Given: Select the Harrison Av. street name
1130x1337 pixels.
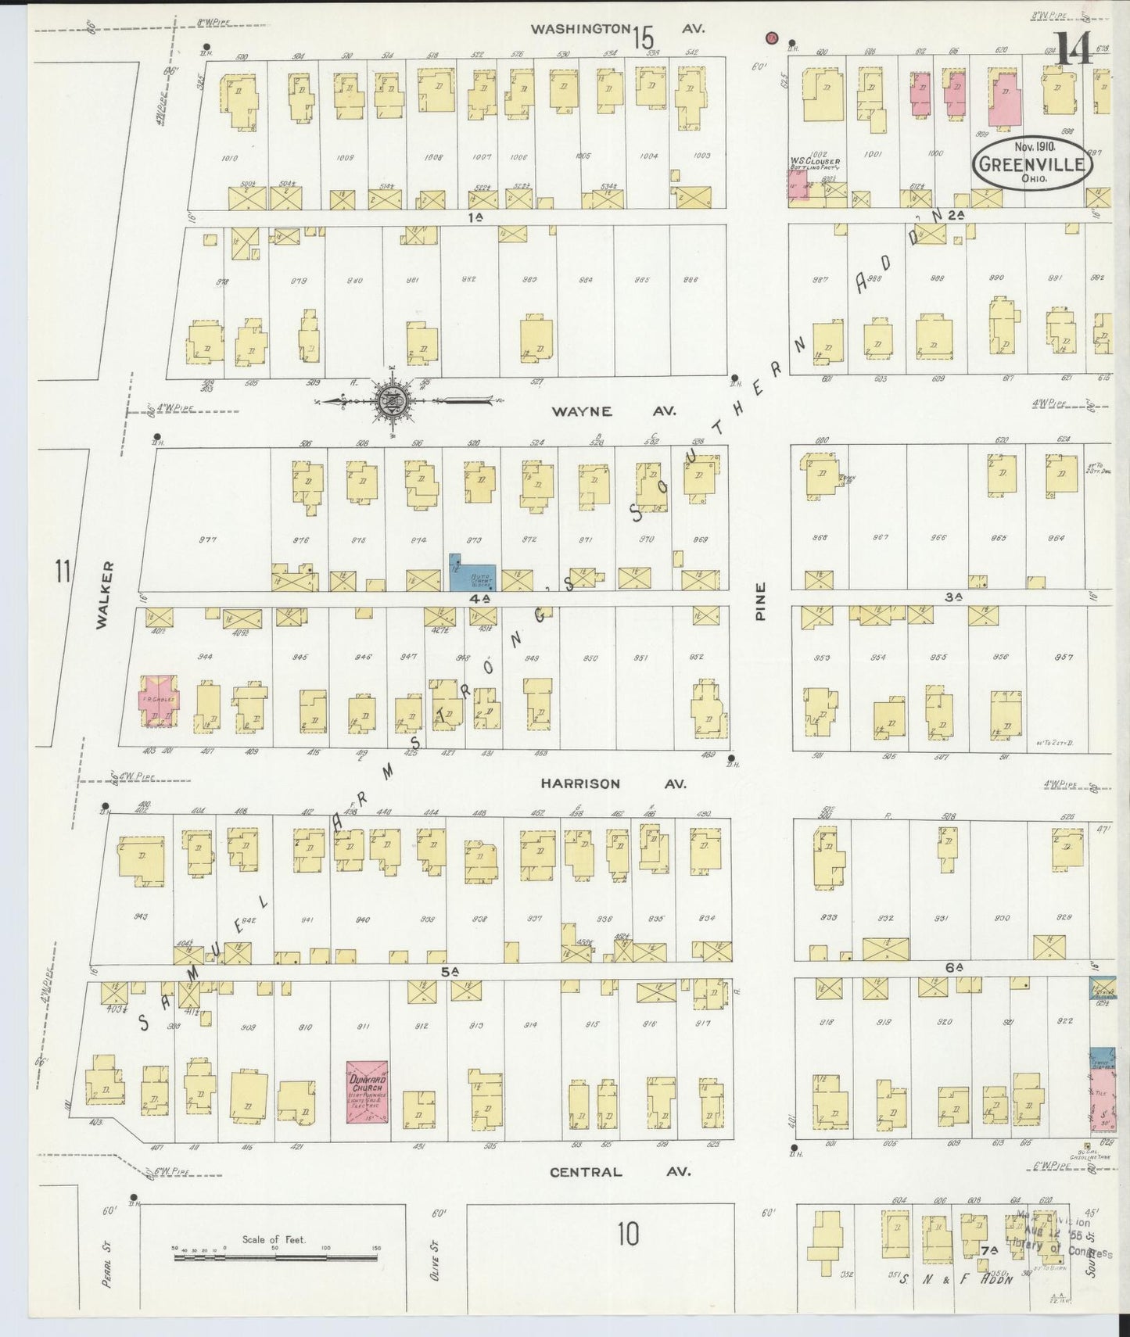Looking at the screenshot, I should click(614, 783).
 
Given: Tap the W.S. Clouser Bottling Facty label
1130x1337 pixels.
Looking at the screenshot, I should click(814, 164).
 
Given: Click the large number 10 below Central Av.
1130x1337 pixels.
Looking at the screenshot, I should click(627, 1235).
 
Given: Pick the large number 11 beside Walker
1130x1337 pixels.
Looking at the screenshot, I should click(63, 571).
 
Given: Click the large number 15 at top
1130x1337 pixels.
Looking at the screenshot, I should click(643, 36).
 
